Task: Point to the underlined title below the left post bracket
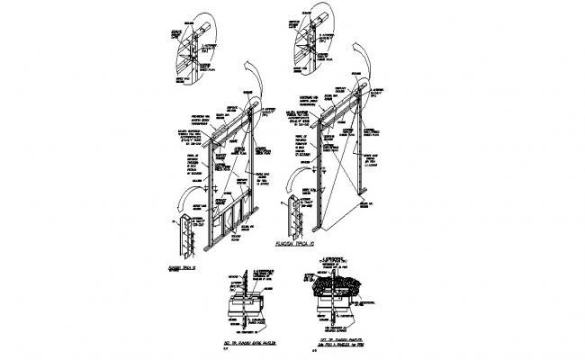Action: [181, 266]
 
